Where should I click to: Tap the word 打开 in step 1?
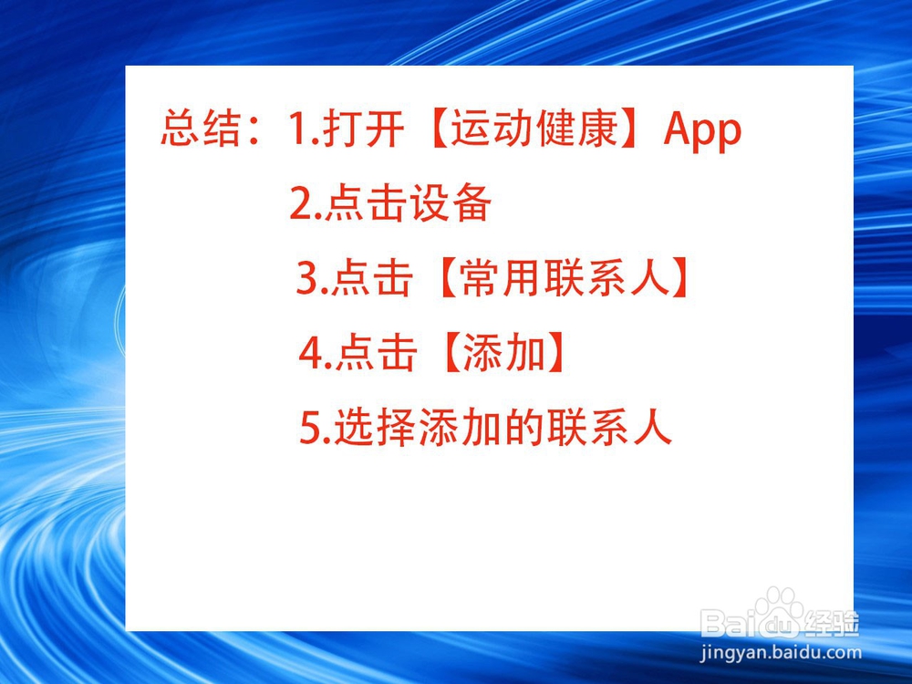coord(362,130)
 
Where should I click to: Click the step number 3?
coord(306,280)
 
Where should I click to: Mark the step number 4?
coord(310,355)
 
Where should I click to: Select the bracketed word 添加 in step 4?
coord(503,355)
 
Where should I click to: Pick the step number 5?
coord(310,429)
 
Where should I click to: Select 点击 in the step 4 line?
coord(376,355)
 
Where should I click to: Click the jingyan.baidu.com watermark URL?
coord(781,652)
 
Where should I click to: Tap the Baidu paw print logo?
coord(777,607)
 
